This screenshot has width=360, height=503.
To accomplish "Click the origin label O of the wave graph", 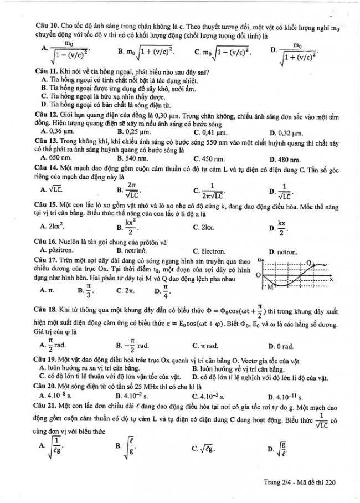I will (x=258, y=275).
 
